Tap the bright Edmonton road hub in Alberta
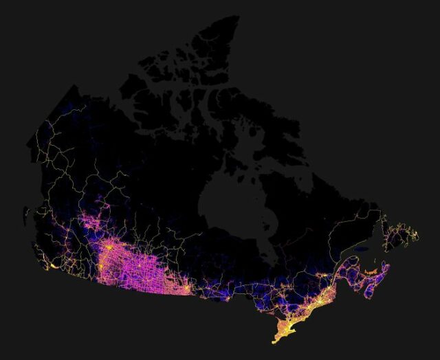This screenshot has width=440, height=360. (x=109, y=246)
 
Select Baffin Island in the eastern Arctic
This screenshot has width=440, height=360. (x=275, y=117)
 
